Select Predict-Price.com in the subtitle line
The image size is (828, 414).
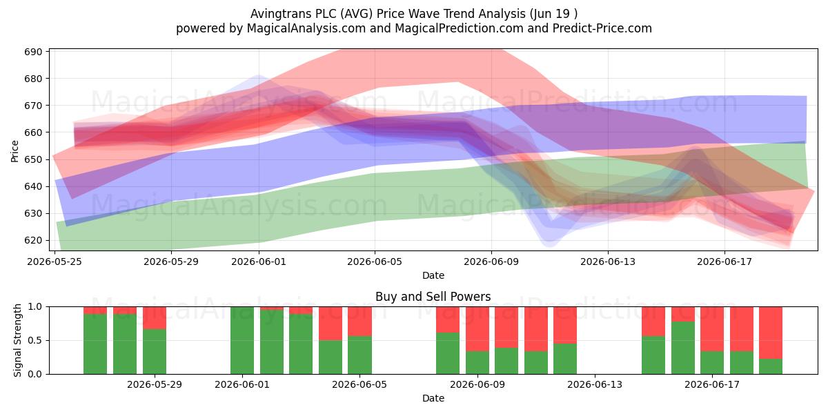(602, 28)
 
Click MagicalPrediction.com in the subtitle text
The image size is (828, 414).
(459, 28)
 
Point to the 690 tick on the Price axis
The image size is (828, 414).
(34, 52)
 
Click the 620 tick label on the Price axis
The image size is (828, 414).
(34, 240)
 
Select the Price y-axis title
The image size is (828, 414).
(14, 151)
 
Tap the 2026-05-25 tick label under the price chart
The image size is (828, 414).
(55, 262)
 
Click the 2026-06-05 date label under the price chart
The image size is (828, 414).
(375, 262)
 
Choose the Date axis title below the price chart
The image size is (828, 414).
(433, 275)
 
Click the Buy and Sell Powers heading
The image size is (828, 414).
(433, 297)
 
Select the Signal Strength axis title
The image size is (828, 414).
(17, 340)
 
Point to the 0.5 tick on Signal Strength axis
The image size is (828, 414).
(35, 340)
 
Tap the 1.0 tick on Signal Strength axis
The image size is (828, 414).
(35, 307)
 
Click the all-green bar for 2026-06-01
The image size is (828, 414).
(242, 340)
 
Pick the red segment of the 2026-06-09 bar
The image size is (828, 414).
(477, 329)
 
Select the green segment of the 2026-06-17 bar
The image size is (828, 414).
(712, 363)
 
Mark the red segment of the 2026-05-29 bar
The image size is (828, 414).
(155, 318)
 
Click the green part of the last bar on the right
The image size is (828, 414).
(771, 366)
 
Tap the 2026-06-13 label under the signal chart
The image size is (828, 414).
(595, 385)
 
